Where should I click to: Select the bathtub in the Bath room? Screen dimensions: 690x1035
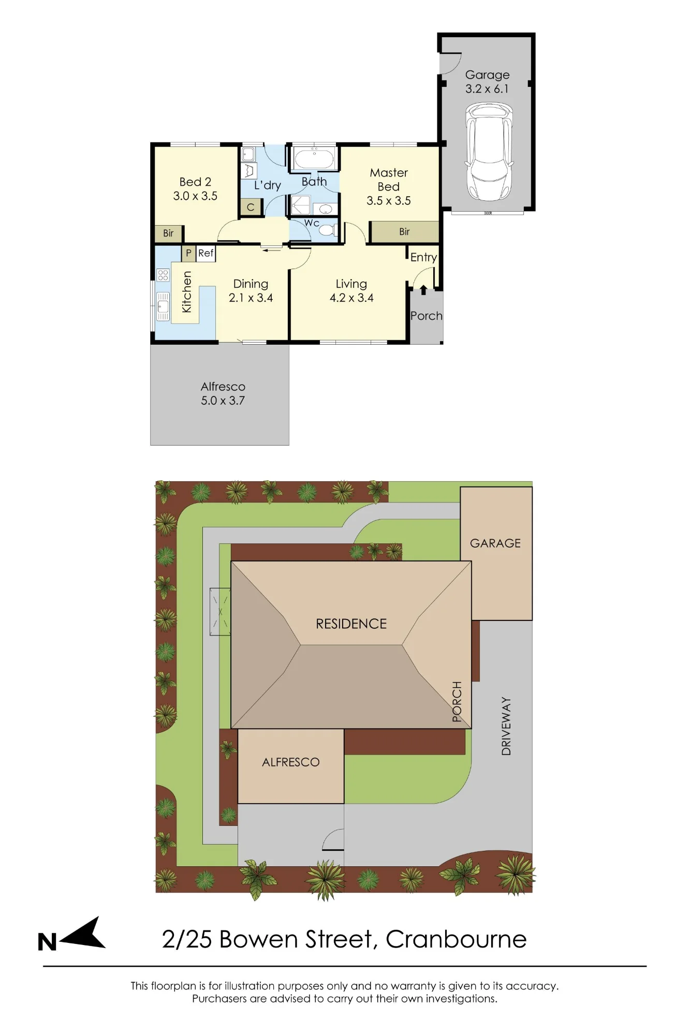(314, 158)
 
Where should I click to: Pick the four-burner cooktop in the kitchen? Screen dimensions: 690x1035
(163, 275)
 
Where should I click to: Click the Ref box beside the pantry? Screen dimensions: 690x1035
(206, 253)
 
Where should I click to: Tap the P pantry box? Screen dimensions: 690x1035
(188, 253)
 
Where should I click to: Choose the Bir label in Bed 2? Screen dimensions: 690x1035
(168, 233)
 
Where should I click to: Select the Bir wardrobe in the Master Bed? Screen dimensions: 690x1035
(404, 232)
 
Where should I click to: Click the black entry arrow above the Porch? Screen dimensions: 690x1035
(423, 290)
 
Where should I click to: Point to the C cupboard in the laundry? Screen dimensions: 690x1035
(251, 207)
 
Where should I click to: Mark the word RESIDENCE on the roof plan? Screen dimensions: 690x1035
(351, 624)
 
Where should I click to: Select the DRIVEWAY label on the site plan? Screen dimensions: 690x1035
(506, 726)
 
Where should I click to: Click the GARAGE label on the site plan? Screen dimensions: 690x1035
(495, 543)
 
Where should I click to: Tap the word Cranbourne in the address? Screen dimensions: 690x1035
(456, 939)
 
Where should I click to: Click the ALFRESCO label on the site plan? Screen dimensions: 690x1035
(291, 762)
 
